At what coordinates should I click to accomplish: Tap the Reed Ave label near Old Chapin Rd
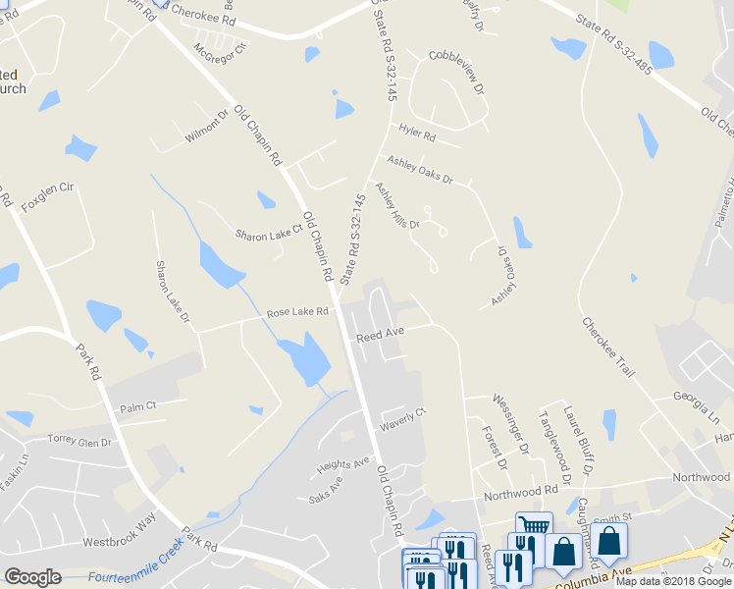[381, 335]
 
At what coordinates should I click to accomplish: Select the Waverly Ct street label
[403, 420]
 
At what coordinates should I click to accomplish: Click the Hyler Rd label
[417, 132]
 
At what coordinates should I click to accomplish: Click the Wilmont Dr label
[207, 128]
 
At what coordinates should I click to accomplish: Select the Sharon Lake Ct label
[269, 236]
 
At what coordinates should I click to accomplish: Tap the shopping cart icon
[533, 525]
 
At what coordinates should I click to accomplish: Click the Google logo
[32, 577]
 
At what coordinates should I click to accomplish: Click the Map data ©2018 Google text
[675, 581]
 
